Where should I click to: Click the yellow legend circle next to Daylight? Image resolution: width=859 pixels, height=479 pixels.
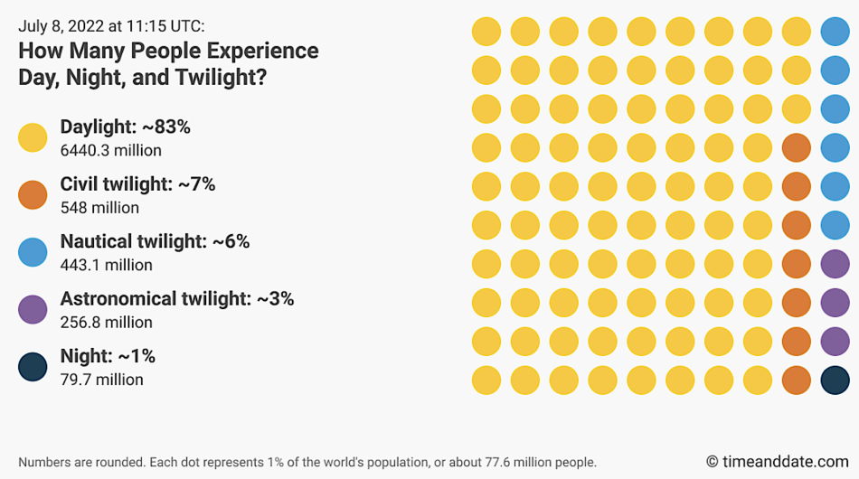(33, 137)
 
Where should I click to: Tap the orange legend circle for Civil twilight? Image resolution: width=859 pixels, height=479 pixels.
(33, 194)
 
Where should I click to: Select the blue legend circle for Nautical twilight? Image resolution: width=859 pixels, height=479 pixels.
(33, 252)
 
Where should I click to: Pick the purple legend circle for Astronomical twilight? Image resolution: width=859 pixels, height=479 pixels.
(33, 309)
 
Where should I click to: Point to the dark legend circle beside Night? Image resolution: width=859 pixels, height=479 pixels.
(33, 367)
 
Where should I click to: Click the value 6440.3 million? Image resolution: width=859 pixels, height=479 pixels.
(110, 151)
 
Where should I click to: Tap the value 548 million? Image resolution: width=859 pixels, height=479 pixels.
(99, 208)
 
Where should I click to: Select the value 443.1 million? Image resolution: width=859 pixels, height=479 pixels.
(106, 265)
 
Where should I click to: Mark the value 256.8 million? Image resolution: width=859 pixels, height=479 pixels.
(106, 322)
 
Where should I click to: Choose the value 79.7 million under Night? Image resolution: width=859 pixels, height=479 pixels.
(101, 380)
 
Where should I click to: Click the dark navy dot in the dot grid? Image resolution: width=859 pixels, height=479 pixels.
(835, 380)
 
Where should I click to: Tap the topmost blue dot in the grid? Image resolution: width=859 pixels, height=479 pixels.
(835, 32)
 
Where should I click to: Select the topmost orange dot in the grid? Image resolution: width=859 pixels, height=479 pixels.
(796, 147)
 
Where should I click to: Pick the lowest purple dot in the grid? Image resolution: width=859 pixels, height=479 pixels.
(835, 341)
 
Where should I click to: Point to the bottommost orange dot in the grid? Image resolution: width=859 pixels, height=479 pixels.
(796, 380)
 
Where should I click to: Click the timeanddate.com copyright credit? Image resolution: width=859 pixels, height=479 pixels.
(777, 462)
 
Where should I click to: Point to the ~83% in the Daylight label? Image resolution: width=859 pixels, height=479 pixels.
(165, 127)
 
